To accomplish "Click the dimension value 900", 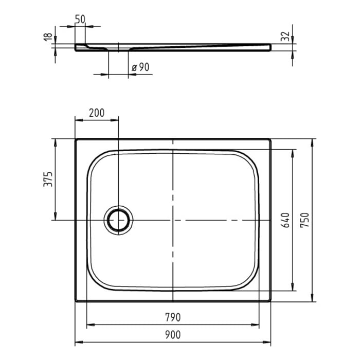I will click(173, 335).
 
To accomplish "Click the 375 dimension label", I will click(47, 179).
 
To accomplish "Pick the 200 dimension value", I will click(97, 112).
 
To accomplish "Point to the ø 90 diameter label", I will click(140, 67).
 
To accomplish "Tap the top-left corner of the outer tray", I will click(76, 139).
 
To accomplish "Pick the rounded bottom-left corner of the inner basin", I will click(95, 280).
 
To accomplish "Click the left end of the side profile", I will click(77, 47).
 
